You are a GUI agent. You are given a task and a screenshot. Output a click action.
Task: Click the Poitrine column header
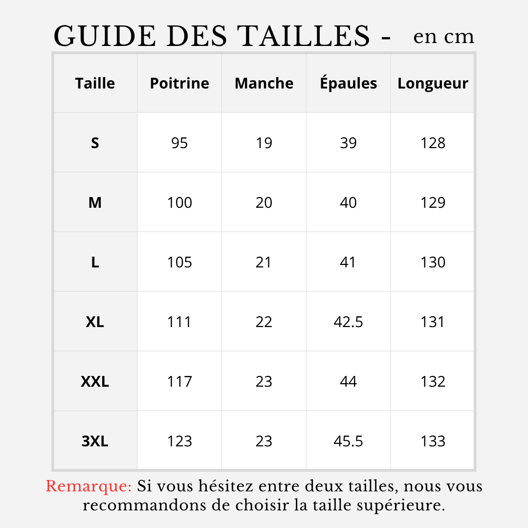tap(179, 83)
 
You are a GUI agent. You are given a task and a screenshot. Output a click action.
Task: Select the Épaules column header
tap(348, 83)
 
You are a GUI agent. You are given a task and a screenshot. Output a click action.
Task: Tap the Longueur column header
tap(433, 83)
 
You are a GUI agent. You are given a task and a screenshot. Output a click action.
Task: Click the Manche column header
tap(264, 83)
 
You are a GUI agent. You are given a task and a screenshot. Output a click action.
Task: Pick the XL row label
tap(95, 322)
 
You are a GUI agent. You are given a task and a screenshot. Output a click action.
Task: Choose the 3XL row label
tap(95, 441)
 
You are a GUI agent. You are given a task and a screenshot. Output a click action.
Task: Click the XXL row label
tap(95, 381)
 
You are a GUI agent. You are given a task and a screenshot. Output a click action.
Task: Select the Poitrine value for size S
tap(179, 143)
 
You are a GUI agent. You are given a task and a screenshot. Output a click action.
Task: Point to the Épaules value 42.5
tap(348, 322)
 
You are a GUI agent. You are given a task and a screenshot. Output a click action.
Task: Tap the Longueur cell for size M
tap(433, 202)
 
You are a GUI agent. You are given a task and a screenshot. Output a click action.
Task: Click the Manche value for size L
tap(264, 262)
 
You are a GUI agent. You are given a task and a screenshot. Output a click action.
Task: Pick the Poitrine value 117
tap(179, 381)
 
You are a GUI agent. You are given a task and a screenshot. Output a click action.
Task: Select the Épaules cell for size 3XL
tap(348, 441)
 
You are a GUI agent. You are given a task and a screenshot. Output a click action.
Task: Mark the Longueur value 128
tap(433, 143)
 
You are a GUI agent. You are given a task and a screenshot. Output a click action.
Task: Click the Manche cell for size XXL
tap(264, 381)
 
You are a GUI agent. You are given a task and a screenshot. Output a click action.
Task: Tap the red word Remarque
tap(88, 486)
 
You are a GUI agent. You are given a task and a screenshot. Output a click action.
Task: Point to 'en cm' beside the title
tap(443, 37)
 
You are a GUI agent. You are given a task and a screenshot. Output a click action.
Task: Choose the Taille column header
tap(95, 83)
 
